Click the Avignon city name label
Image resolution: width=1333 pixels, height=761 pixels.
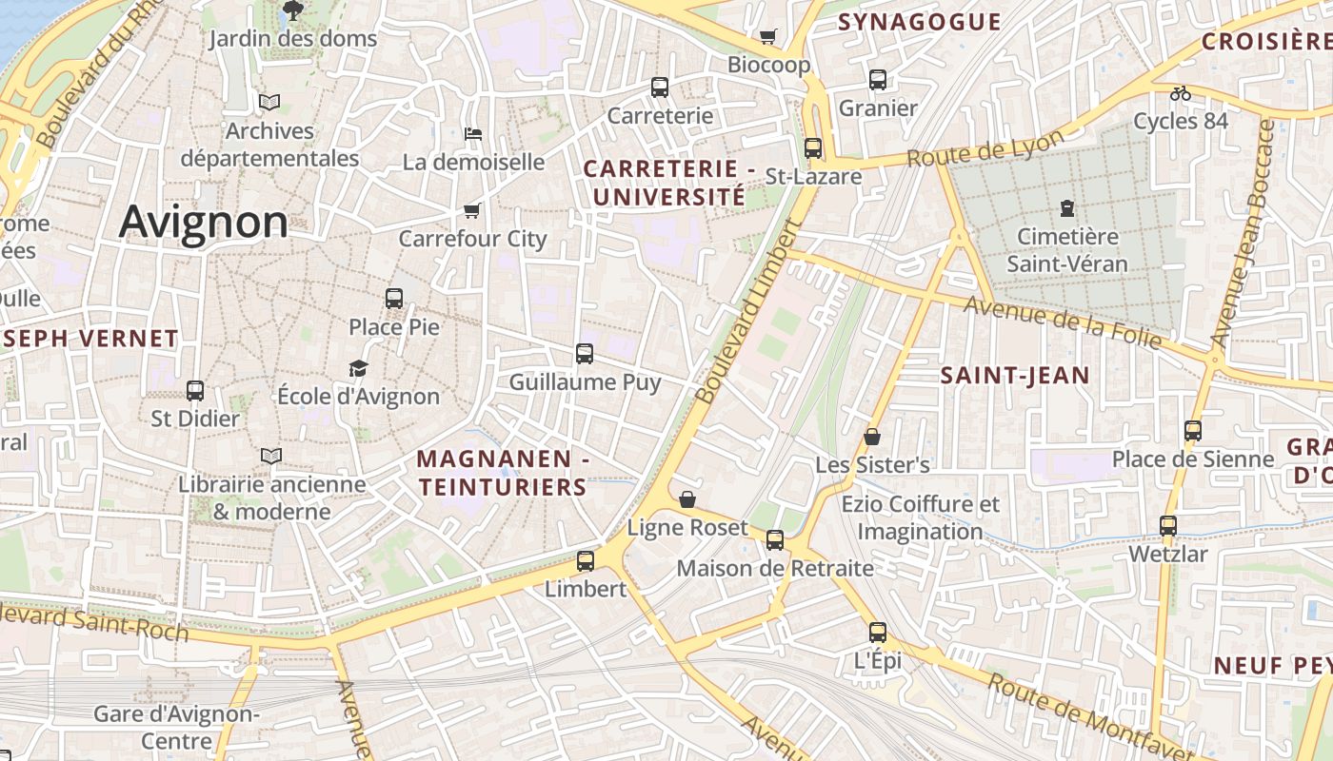click(203, 223)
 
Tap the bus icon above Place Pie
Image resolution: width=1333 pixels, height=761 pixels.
click(394, 298)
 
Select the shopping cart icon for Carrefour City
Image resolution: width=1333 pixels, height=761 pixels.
click(471, 210)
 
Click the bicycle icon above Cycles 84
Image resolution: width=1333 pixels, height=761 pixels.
click(1181, 93)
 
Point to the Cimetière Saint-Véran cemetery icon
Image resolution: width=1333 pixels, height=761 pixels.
click(1066, 207)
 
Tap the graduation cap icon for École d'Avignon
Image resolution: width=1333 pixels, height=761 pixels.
click(358, 368)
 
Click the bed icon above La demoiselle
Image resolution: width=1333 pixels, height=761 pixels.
click(472, 134)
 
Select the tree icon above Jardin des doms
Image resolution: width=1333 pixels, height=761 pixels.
click(293, 10)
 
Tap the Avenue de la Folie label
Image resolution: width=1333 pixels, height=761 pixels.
click(1063, 322)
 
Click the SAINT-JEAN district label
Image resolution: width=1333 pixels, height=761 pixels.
click(1015, 376)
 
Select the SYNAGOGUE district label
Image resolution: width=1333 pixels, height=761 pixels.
click(919, 22)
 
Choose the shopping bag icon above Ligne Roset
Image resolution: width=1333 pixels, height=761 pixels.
click(687, 499)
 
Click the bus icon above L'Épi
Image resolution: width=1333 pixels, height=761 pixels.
click(877, 632)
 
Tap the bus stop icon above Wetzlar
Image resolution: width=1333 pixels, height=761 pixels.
click(1167, 525)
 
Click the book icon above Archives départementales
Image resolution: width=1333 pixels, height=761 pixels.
click(269, 102)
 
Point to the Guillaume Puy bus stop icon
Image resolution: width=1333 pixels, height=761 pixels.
click(585, 354)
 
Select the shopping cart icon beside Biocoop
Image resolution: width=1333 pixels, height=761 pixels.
click(767, 37)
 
